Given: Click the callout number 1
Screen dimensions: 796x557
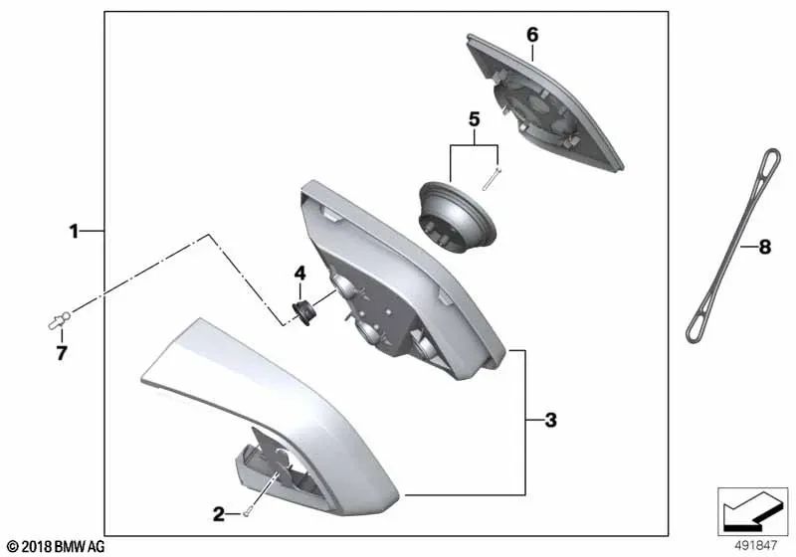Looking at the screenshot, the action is click(74, 232).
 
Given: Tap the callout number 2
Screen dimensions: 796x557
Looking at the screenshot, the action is click(219, 514).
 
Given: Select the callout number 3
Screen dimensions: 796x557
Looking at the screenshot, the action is click(551, 420).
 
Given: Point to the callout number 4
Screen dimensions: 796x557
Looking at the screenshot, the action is click(300, 274).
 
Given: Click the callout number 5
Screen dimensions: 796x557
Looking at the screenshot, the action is click(474, 119).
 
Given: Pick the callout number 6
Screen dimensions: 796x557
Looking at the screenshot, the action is click(532, 35).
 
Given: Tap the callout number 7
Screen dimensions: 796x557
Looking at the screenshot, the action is click(62, 353).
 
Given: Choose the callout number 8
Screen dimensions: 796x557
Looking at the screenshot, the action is click(764, 247).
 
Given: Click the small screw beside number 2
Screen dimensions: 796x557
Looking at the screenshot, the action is click(247, 513).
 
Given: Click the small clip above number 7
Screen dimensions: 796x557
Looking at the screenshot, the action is click(59, 320).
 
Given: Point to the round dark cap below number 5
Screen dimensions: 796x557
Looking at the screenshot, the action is click(457, 216).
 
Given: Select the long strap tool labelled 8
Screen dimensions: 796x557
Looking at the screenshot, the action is click(733, 246).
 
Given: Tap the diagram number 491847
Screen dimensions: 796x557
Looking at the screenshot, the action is click(756, 545).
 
